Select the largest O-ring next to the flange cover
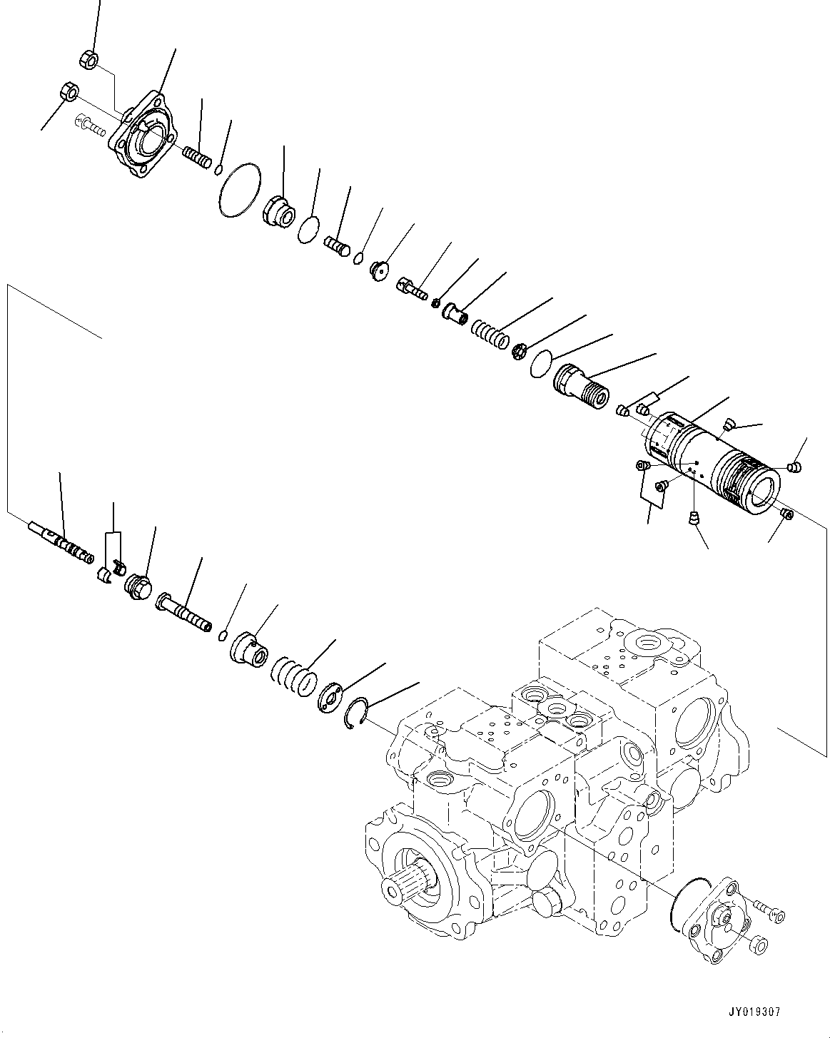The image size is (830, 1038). coord(239,189)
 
